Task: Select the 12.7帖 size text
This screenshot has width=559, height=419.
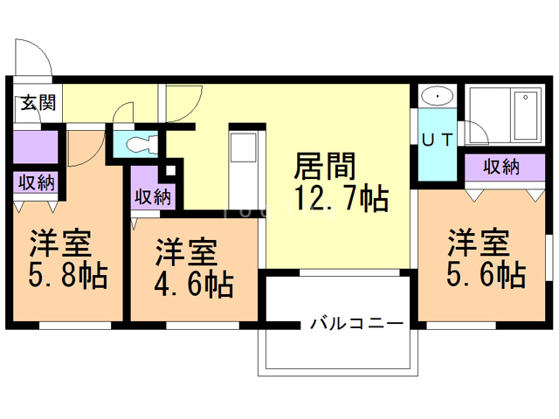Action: tap(340, 200)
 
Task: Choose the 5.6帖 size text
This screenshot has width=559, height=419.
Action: tap(486, 275)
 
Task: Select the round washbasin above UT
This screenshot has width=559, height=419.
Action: tap(433, 96)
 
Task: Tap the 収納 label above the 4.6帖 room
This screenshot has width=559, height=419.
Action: tap(152, 196)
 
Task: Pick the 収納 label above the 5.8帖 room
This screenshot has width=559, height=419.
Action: tap(35, 183)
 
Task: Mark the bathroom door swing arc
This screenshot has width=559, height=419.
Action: tap(477, 131)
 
